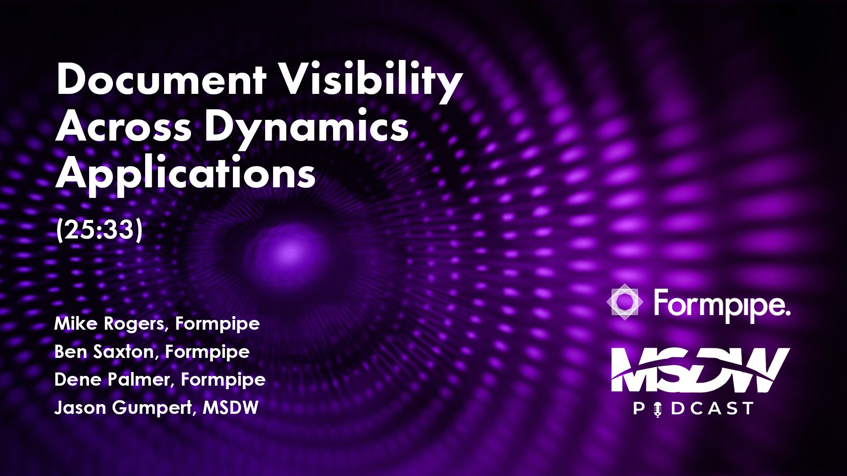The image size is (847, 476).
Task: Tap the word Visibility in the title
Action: [371, 80]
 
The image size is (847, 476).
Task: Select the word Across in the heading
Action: [124, 127]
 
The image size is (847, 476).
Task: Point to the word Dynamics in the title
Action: [306, 127]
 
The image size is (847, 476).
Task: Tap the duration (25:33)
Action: [99, 230]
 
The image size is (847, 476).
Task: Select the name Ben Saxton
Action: [104, 352]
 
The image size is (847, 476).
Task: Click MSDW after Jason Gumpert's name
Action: [230, 408]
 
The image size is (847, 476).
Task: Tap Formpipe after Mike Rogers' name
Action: [217, 324]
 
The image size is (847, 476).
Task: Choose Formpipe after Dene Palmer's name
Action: [223, 380]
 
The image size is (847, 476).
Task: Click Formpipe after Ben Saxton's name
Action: [207, 352]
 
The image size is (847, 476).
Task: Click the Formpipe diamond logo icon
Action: [624, 302]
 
